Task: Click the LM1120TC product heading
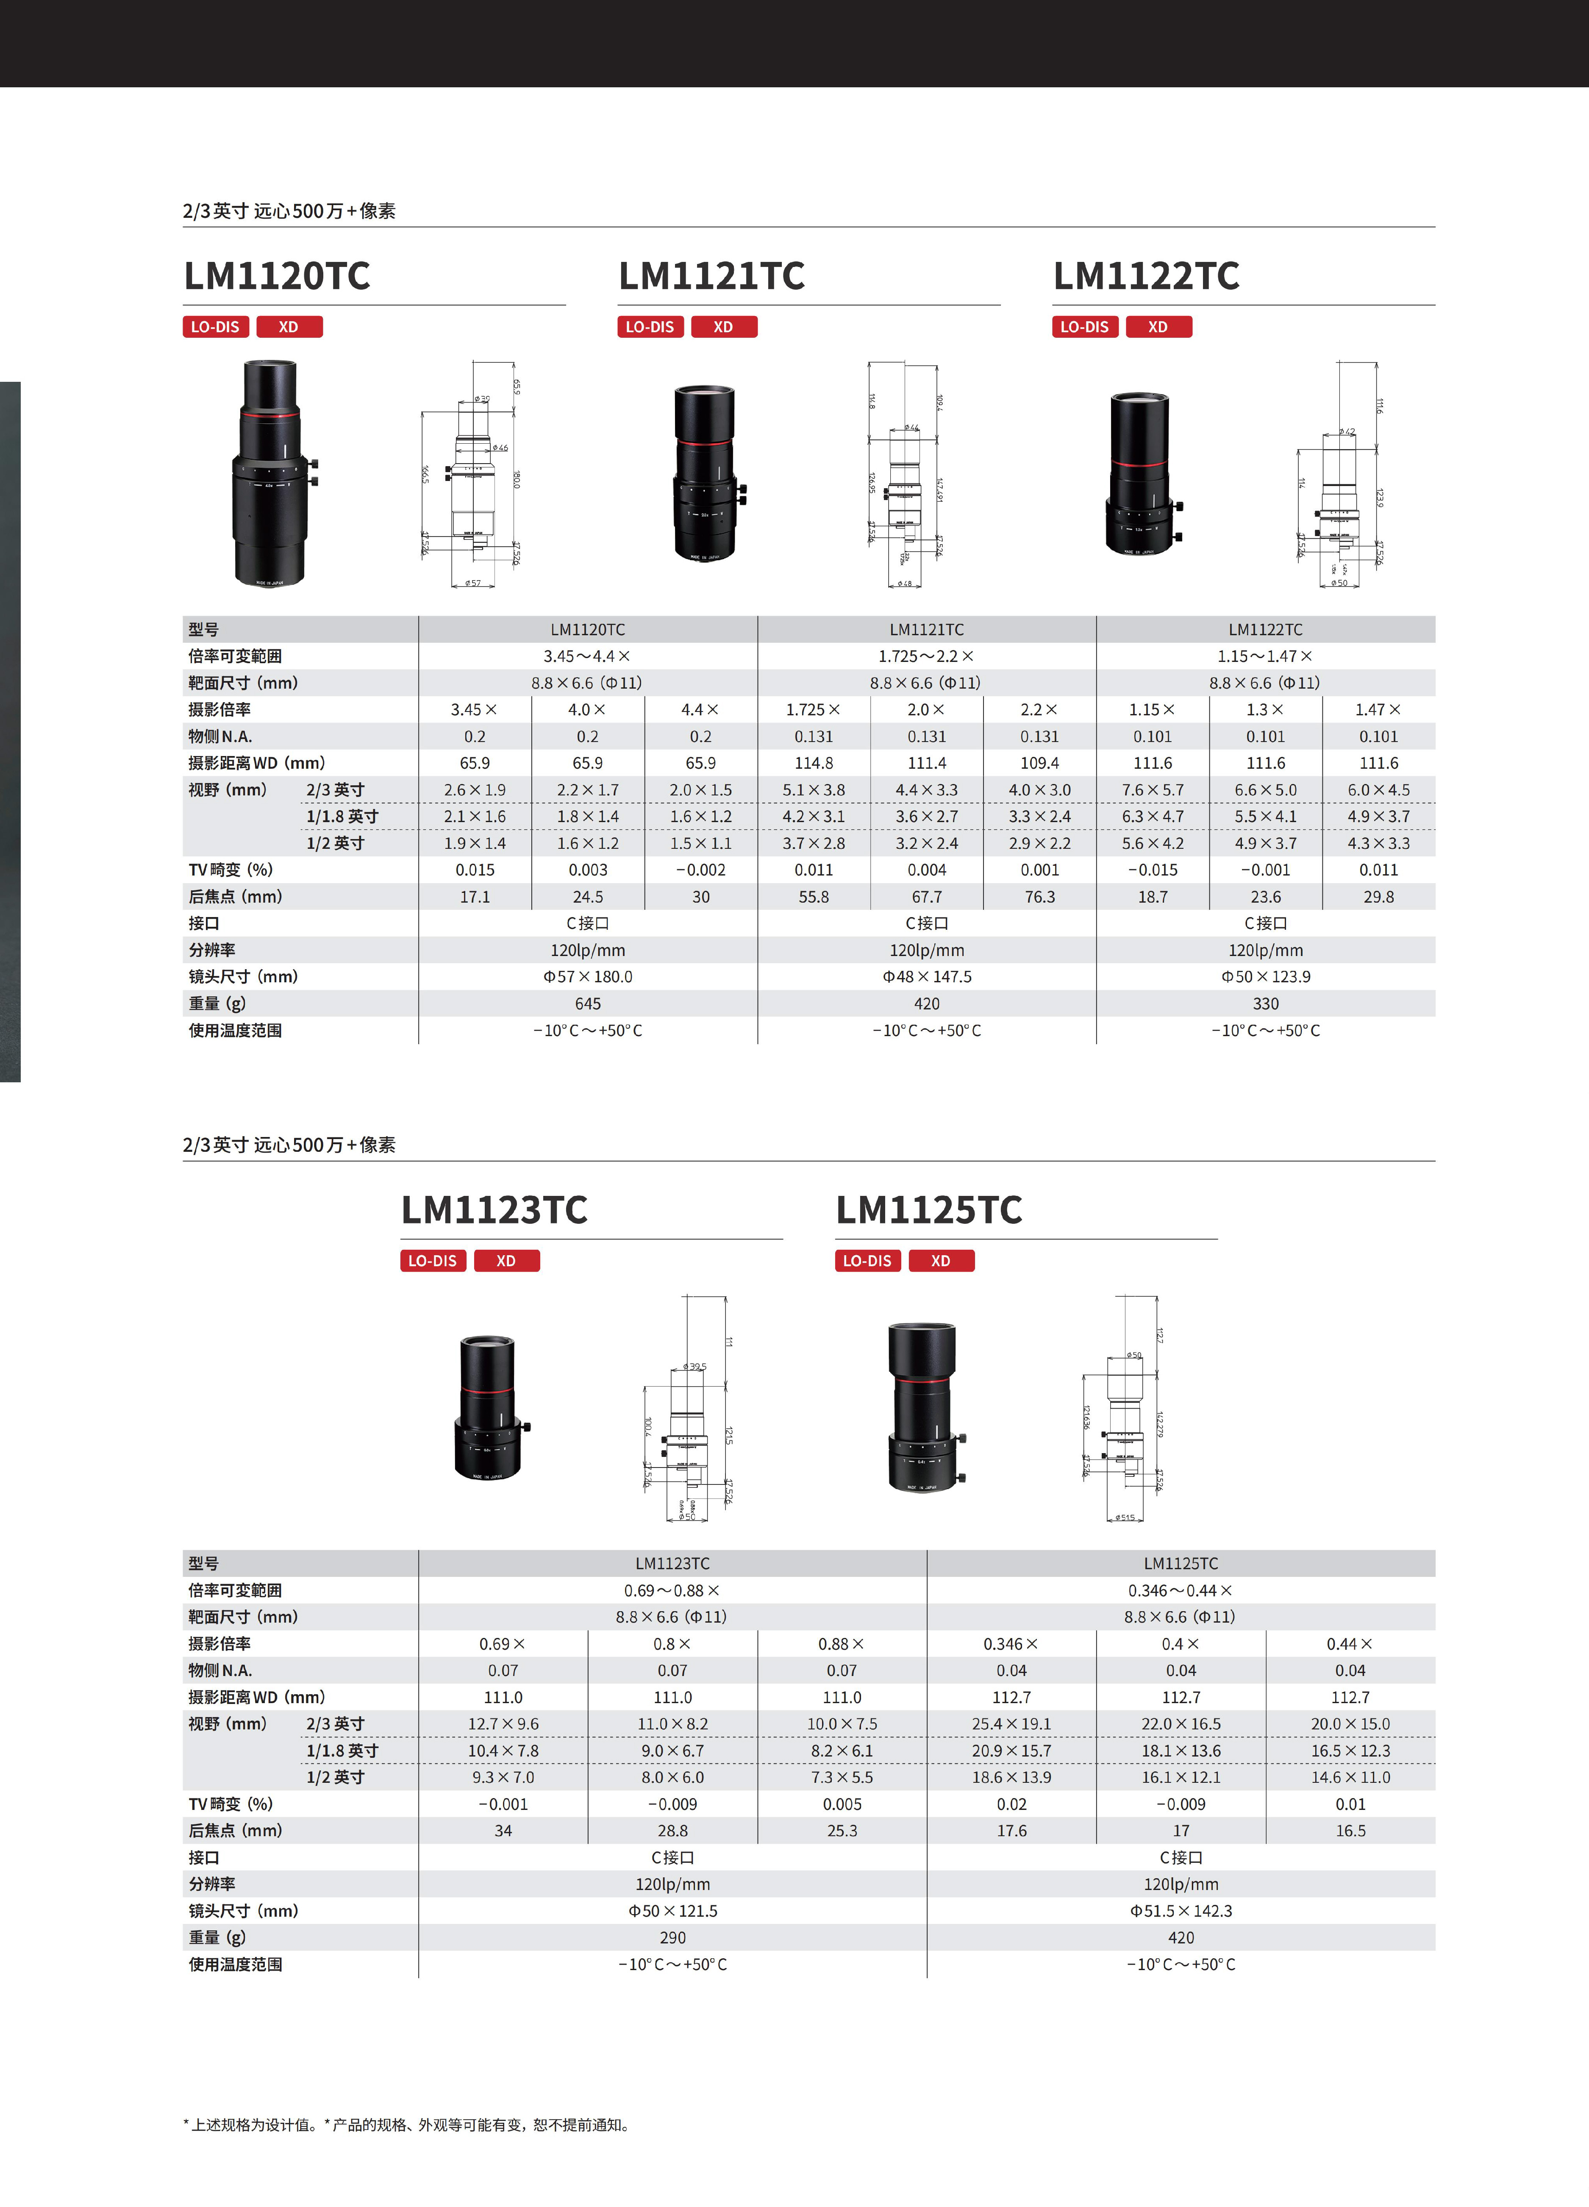coord(277,276)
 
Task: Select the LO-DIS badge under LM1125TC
coord(867,1261)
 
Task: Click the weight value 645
coord(588,1003)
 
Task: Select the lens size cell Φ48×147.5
coord(926,977)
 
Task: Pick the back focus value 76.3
coord(1039,897)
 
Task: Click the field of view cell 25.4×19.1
coord(1011,1724)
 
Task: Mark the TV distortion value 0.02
coord(1011,1804)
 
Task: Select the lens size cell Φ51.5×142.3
coord(1181,1911)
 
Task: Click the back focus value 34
coord(503,1832)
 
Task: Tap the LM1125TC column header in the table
coord(1181,1564)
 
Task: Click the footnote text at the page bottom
coord(408,2125)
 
